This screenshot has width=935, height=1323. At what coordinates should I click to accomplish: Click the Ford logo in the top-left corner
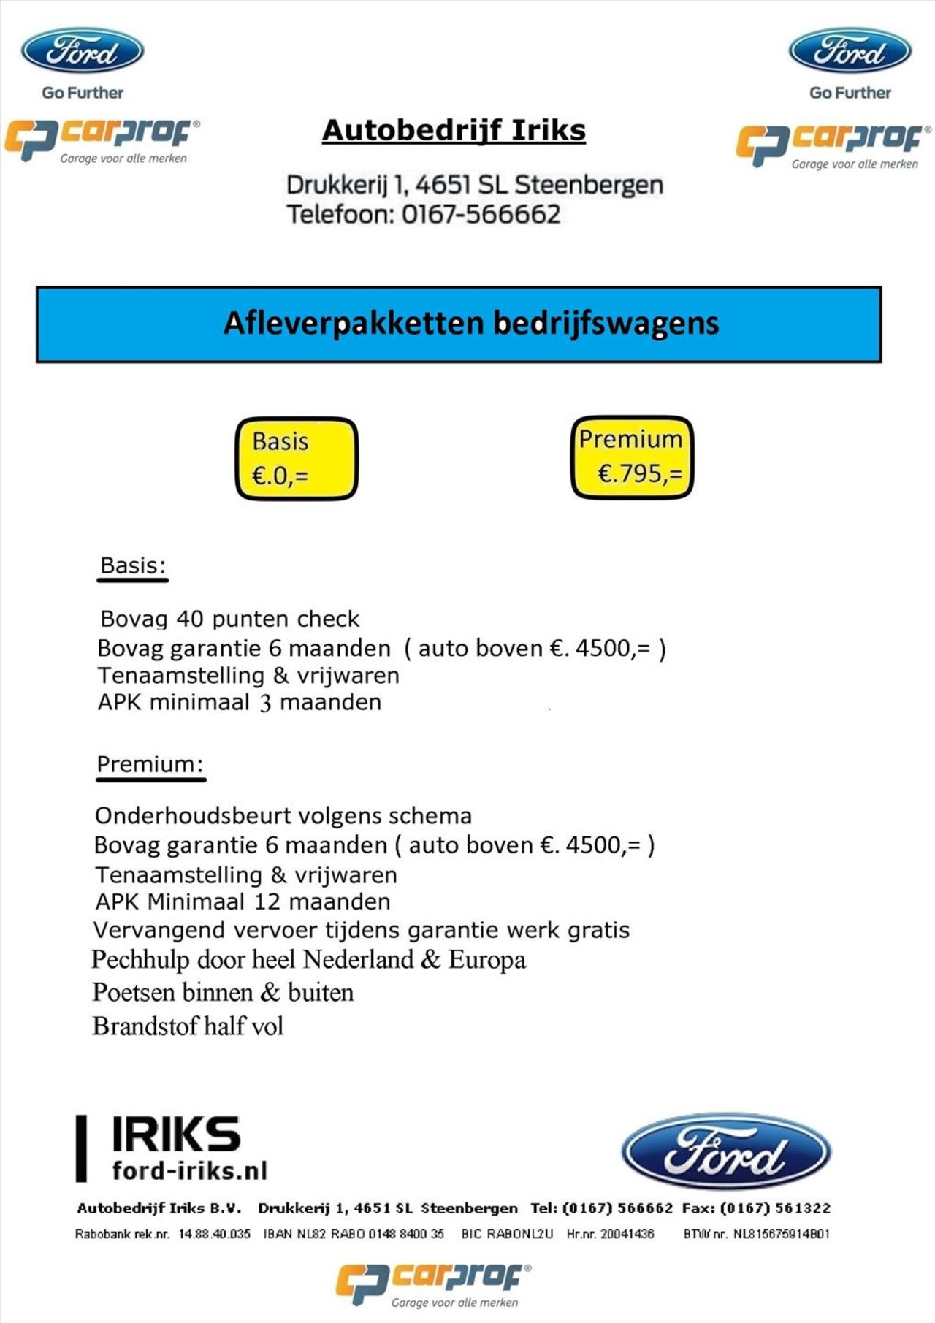pos(83,51)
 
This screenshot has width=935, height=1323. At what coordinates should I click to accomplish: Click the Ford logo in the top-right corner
pos(850,51)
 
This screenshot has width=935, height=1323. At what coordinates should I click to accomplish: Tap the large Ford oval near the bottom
pos(725,1152)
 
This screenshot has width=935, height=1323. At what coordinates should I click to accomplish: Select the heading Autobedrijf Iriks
pos(454,131)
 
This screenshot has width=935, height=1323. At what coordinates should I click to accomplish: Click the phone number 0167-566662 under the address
pos(481,215)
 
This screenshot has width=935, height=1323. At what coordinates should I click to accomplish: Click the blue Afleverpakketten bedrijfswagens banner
pos(459,324)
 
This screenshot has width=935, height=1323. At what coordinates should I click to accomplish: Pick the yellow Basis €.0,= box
pos(297,459)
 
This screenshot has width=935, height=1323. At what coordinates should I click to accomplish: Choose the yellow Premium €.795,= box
pos(632,457)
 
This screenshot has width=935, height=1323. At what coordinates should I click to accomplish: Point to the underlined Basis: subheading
pos(133,565)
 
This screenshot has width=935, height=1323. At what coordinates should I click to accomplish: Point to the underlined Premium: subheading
pos(150,764)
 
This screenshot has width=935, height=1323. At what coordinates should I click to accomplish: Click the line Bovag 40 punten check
pos(229,619)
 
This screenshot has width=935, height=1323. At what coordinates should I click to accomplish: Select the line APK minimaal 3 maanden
pos(240,702)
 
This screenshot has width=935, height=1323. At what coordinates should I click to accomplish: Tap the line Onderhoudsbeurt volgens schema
pos(283,815)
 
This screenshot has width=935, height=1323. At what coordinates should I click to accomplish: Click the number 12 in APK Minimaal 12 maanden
pos(267,901)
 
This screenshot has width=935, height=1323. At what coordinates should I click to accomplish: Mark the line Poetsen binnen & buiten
pos(223,992)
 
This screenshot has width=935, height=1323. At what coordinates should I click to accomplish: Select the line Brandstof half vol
pos(188,1026)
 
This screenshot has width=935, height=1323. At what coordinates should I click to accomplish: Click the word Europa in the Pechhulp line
pos(487,959)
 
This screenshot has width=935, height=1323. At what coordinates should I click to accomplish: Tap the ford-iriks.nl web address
pos(190,1170)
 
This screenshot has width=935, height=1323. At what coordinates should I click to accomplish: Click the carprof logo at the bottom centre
pos(434,1284)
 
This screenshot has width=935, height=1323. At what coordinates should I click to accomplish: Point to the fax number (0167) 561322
pos(775,1208)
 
